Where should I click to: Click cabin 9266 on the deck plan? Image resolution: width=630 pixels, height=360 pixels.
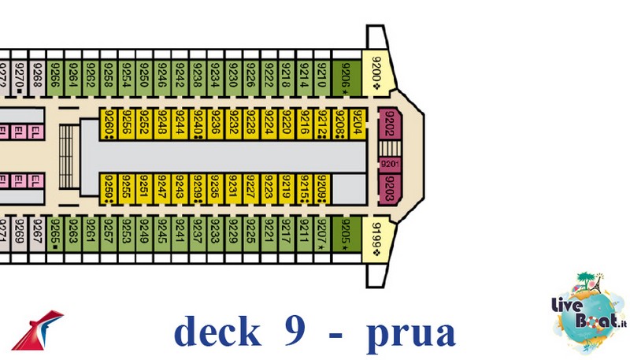[x=55, y=76]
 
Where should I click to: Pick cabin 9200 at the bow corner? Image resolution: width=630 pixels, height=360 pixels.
[x=376, y=76]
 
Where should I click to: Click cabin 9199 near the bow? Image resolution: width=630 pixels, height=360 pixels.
[x=376, y=234]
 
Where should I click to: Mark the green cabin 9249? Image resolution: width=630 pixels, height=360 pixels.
[x=144, y=234]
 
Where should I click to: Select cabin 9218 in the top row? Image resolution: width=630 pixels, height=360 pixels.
[x=286, y=76]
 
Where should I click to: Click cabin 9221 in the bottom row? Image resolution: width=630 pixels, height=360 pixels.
[x=269, y=234]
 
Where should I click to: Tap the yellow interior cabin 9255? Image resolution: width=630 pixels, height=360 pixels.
[x=126, y=187]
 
